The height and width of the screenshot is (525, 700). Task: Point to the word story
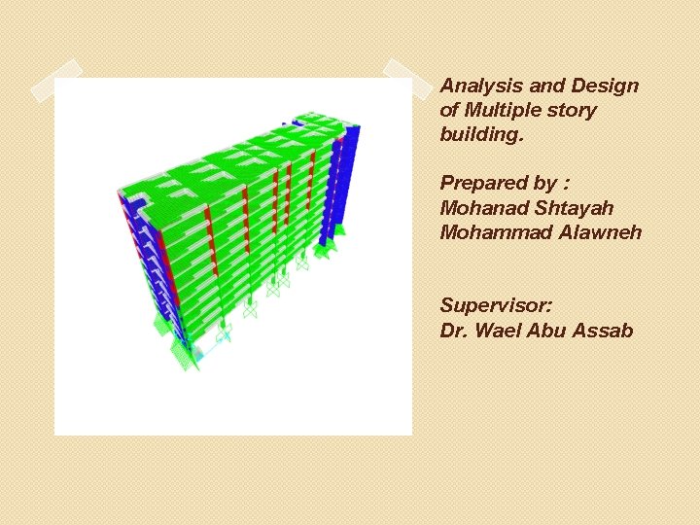(x=574, y=110)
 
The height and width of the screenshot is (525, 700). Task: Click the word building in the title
(x=480, y=134)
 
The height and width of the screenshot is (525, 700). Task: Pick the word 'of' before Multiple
(x=450, y=110)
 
